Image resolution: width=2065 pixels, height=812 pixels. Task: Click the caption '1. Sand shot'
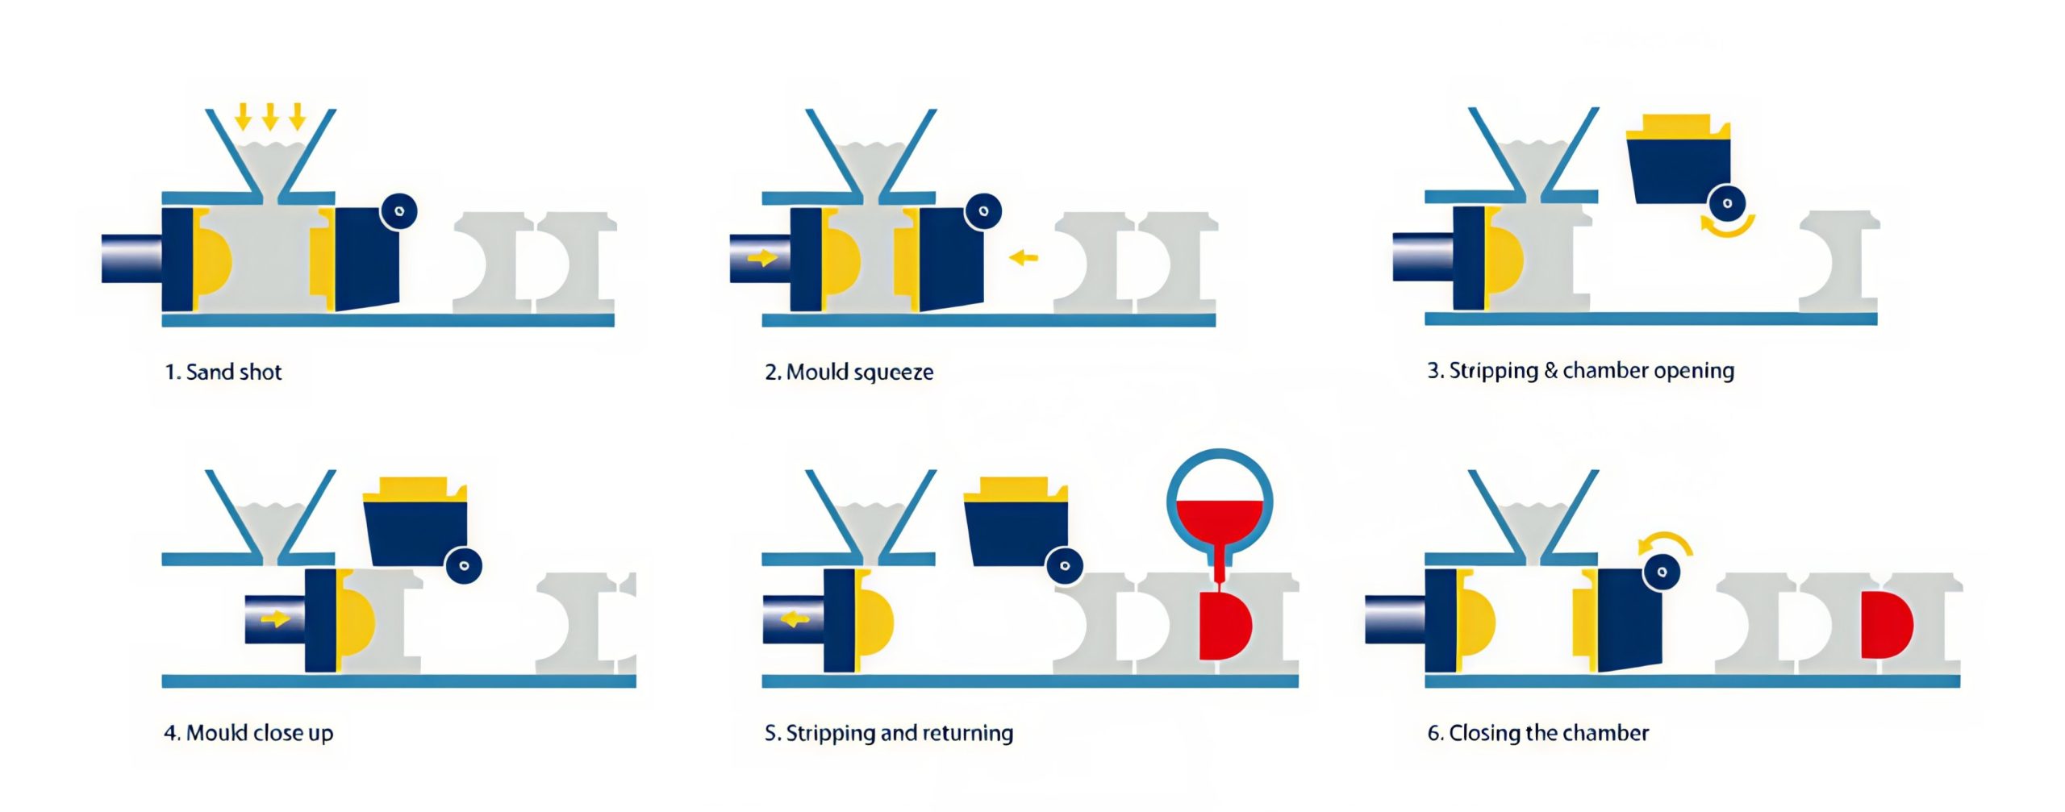click(223, 372)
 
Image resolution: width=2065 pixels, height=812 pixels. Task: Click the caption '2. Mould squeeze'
click(849, 372)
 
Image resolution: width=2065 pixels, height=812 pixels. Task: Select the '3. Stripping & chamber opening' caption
click(1580, 371)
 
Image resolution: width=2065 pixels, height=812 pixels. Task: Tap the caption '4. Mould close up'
click(248, 733)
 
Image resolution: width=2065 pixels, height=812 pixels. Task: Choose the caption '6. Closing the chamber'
click(1537, 733)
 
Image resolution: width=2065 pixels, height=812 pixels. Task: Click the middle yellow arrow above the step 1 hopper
click(270, 117)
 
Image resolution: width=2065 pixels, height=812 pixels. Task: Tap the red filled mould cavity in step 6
click(1884, 625)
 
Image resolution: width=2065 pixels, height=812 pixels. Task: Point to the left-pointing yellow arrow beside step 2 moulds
click(1024, 258)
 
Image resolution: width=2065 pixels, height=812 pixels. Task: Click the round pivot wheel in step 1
click(399, 211)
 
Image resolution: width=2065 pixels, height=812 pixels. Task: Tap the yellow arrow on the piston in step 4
click(275, 618)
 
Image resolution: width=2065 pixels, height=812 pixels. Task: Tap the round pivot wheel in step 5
click(1065, 565)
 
